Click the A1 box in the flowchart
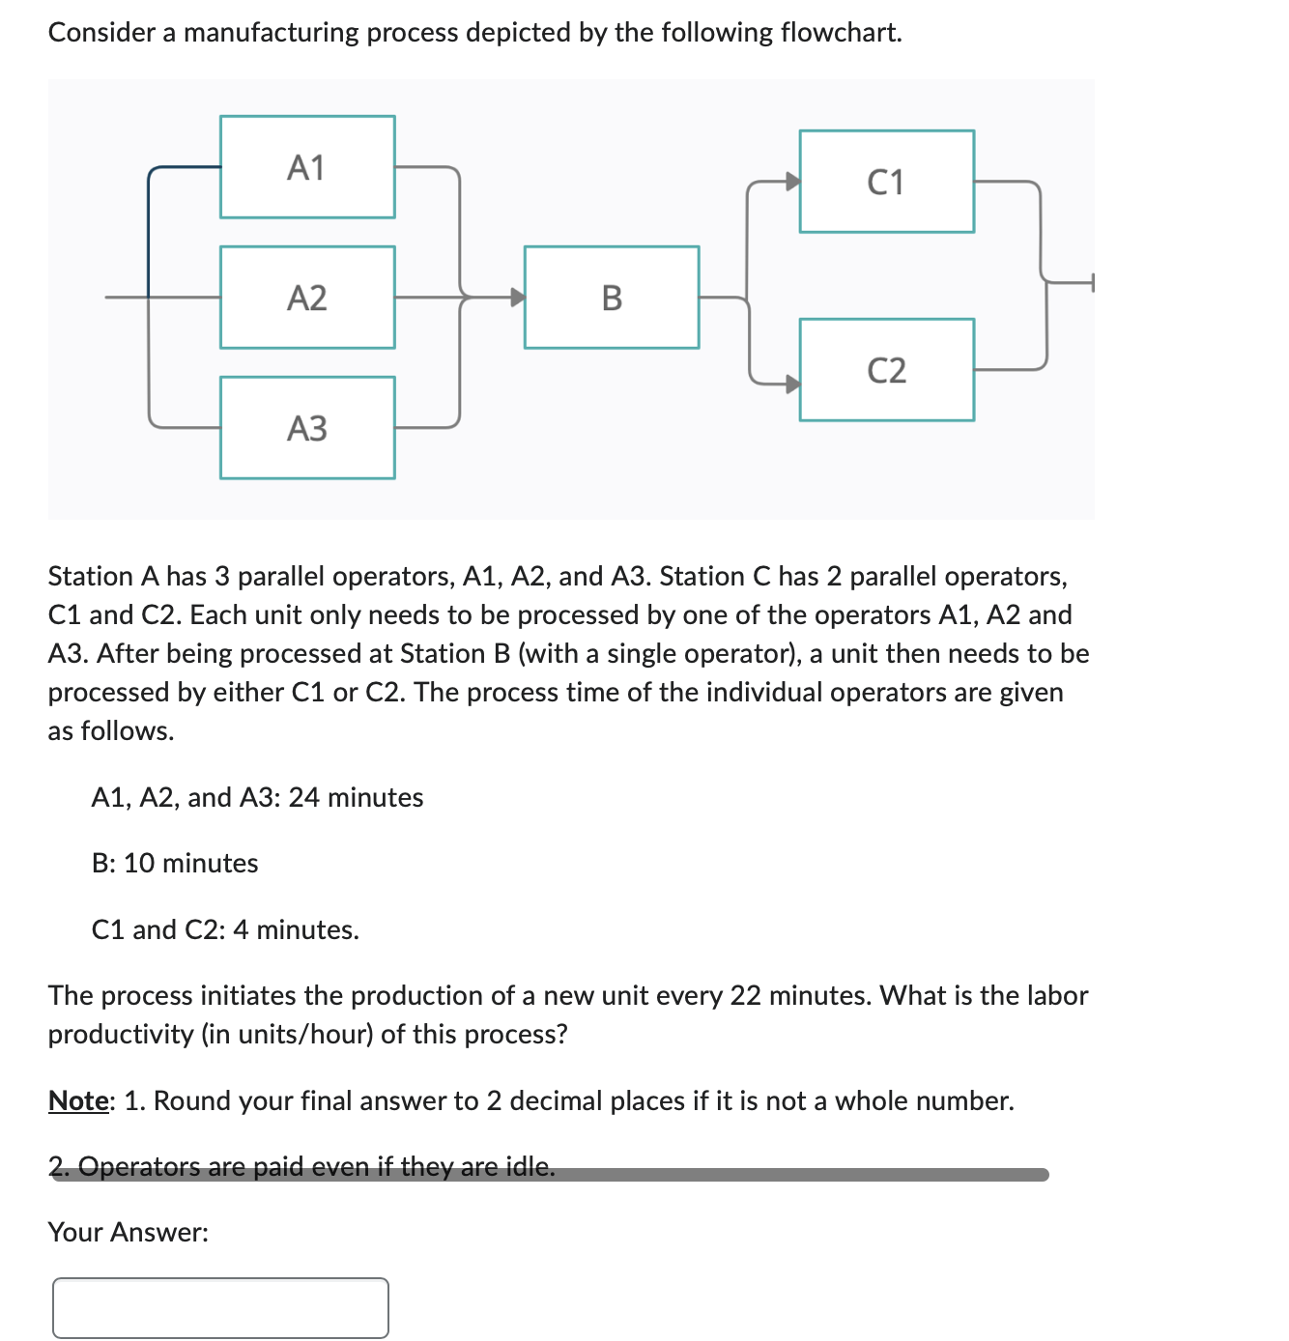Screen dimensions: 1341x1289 point(307,167)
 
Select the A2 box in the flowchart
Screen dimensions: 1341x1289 point(307,298)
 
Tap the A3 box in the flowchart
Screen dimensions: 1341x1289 point(307,428)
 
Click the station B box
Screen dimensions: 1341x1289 point(612,298)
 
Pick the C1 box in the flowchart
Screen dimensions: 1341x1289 point(886,182)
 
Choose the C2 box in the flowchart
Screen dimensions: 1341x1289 point(886,370)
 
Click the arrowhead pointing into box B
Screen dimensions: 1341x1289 point(518,297)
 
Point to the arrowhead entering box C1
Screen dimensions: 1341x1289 point(792,182)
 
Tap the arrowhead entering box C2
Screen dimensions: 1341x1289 point(792,384)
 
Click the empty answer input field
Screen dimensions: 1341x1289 point(220,1308)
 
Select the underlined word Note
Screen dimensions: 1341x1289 point(78,1100)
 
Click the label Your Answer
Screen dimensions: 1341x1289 point(128,1232)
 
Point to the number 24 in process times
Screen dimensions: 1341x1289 point(303,797)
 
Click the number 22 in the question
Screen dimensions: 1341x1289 point(745,995)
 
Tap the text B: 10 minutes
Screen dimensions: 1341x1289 point(175,863)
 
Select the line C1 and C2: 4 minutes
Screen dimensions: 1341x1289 point(225,929)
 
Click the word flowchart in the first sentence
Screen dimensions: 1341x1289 point(840,32)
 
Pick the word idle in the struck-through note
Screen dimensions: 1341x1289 point(530,1166)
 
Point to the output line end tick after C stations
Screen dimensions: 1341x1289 point(1092,282)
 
